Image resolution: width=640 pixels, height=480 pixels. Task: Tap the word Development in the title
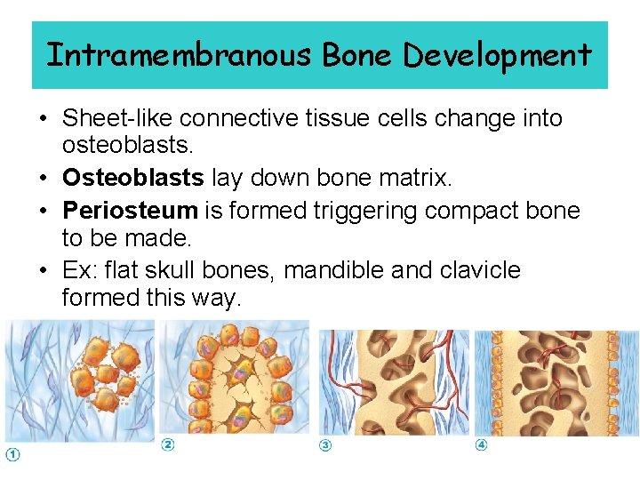pos(497,55)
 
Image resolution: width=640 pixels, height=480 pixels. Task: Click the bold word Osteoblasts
pos(133,178)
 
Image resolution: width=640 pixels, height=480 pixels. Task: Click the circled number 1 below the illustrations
pos(12,456)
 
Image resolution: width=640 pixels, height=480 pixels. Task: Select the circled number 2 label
pos(167,444)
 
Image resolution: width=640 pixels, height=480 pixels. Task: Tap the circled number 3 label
pos(325,444)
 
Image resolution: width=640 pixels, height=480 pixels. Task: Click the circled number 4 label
pos(481,444)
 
